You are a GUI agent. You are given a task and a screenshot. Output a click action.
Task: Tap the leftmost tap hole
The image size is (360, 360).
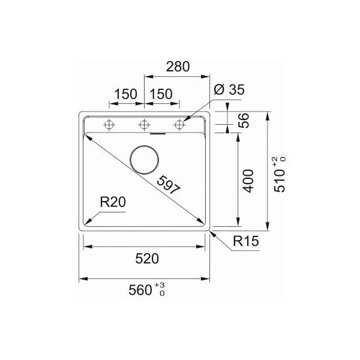(109, 125)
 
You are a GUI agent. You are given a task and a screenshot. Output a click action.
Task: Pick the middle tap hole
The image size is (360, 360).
(143, 125)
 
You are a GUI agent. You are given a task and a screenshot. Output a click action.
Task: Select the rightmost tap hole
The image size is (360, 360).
(178, 125)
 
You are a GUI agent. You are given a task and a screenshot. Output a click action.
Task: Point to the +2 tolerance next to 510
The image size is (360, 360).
(275, 160)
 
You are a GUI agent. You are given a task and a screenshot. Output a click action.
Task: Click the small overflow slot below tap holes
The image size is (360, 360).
(158, 134)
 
